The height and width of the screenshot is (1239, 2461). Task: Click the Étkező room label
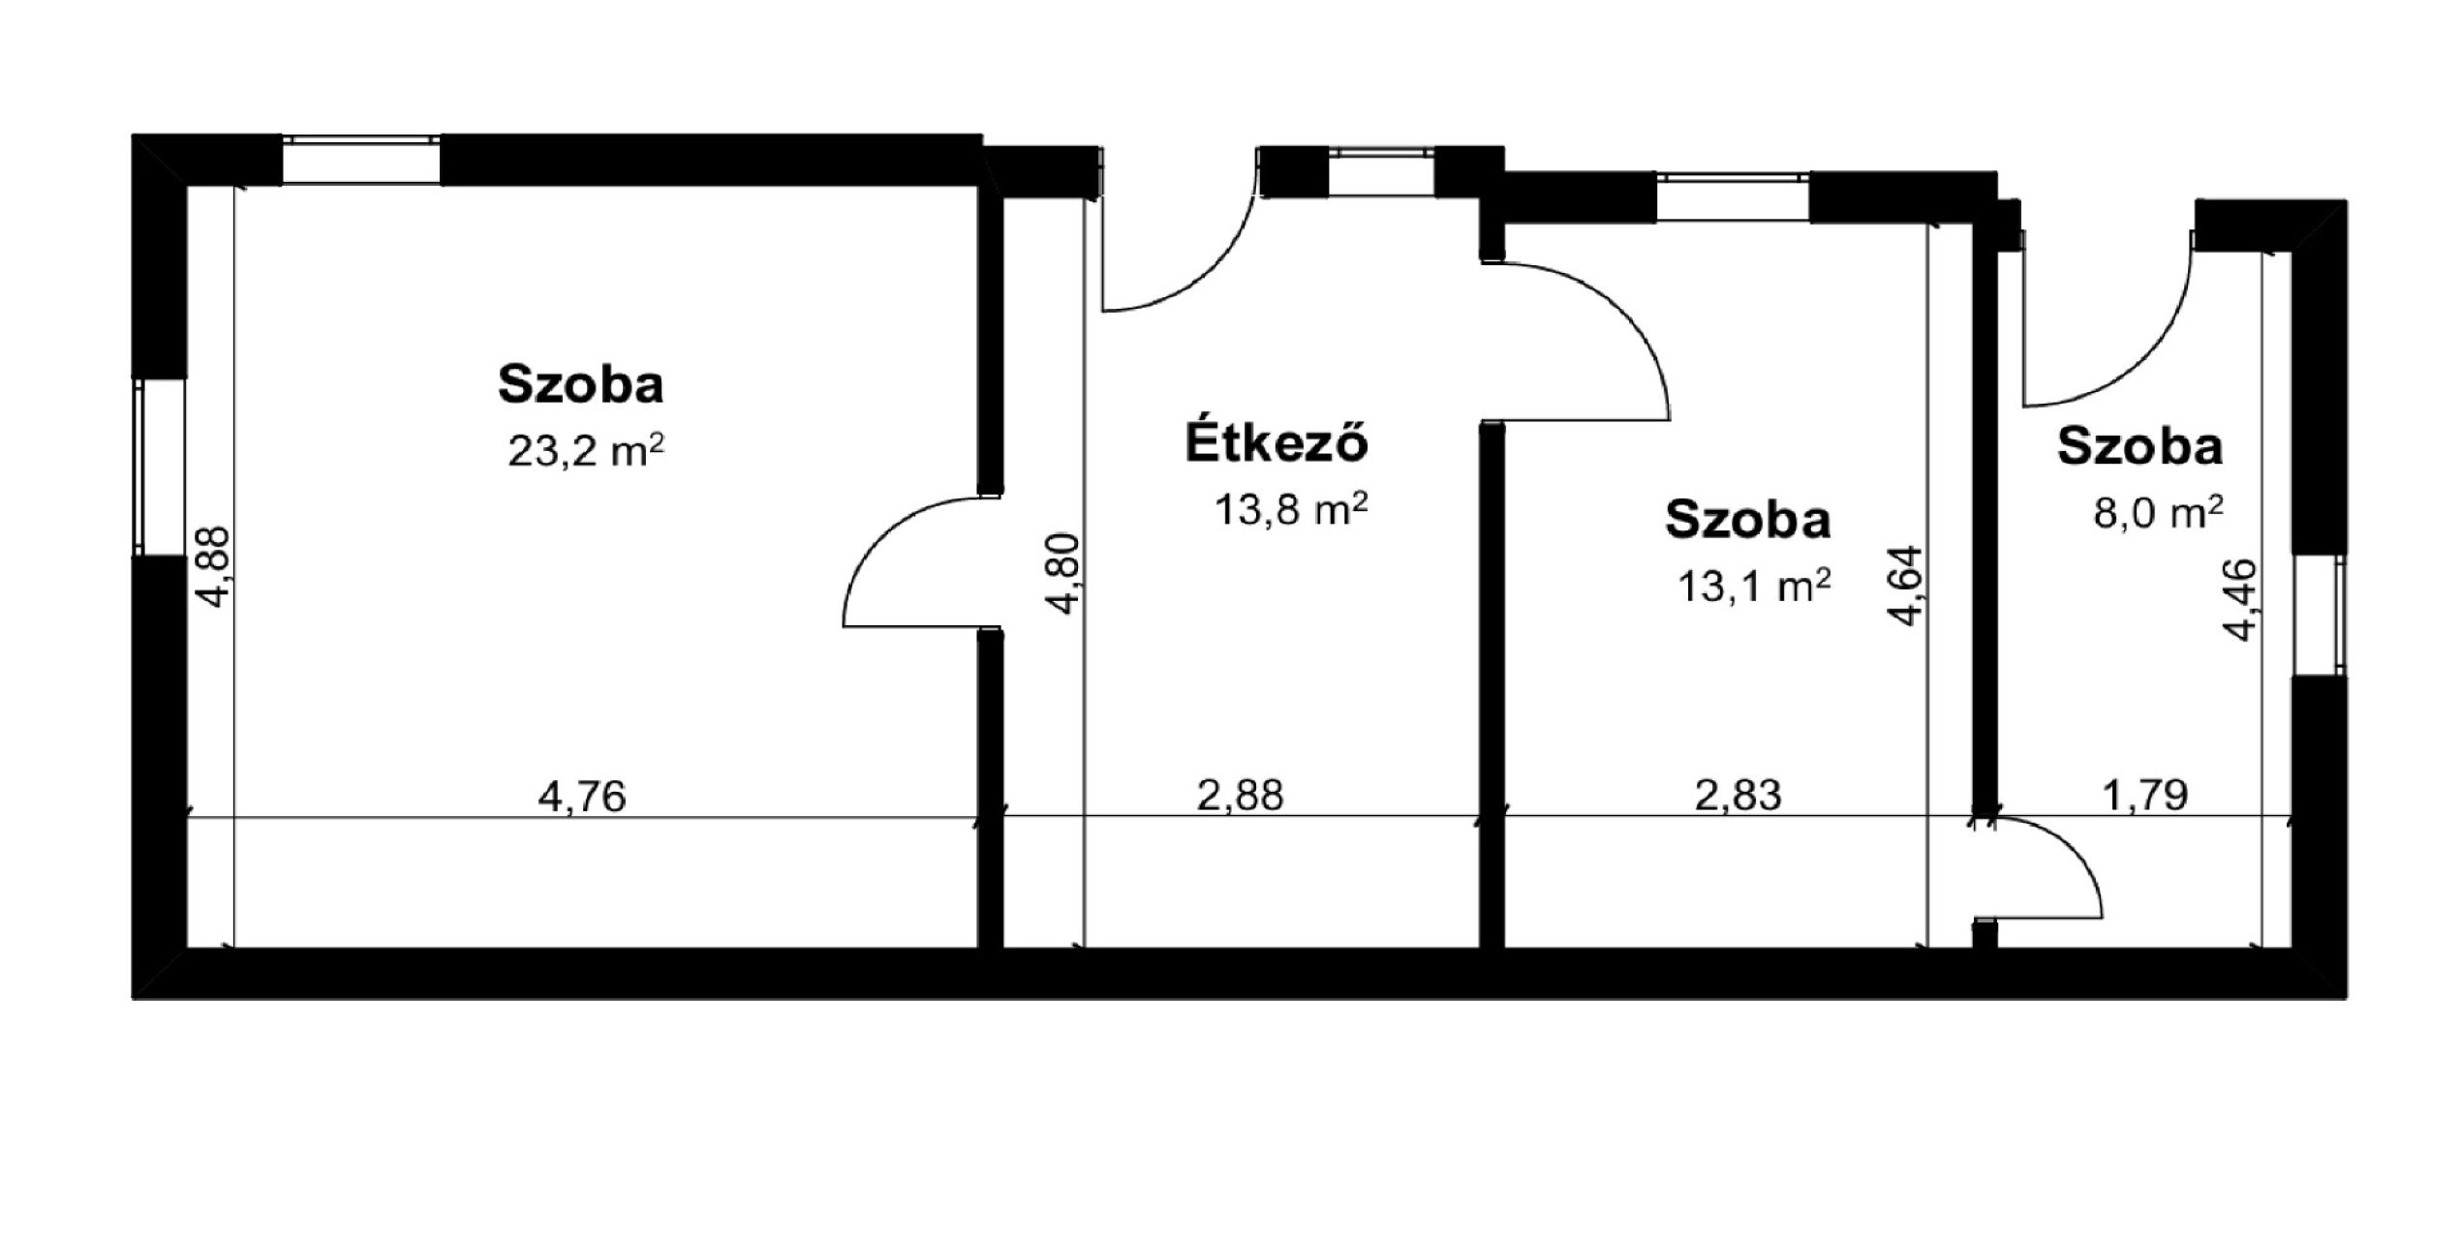pos(1277,441)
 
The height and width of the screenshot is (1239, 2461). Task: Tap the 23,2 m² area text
pos(586,450)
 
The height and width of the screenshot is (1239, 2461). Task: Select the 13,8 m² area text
pos(1290,508)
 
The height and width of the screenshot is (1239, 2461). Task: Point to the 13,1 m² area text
pos(1753,586)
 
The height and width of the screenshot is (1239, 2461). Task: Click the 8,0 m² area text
pos(2158,512)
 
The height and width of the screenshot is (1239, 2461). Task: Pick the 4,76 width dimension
pos(582,797)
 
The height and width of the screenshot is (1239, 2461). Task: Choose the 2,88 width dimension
pos(1241,796)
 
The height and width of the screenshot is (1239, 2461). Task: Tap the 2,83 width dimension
pos(1738,796)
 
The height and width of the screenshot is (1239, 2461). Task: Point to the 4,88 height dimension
pos(212,567)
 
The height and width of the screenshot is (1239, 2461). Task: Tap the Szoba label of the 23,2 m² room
pos(581,383)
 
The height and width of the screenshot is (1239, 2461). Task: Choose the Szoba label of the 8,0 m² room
pos(2140,447)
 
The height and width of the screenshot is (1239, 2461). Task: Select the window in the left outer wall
pos(160,467)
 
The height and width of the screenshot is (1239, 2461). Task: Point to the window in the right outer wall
pos(2320,616)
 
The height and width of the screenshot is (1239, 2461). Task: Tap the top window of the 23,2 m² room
pos(361,161)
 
